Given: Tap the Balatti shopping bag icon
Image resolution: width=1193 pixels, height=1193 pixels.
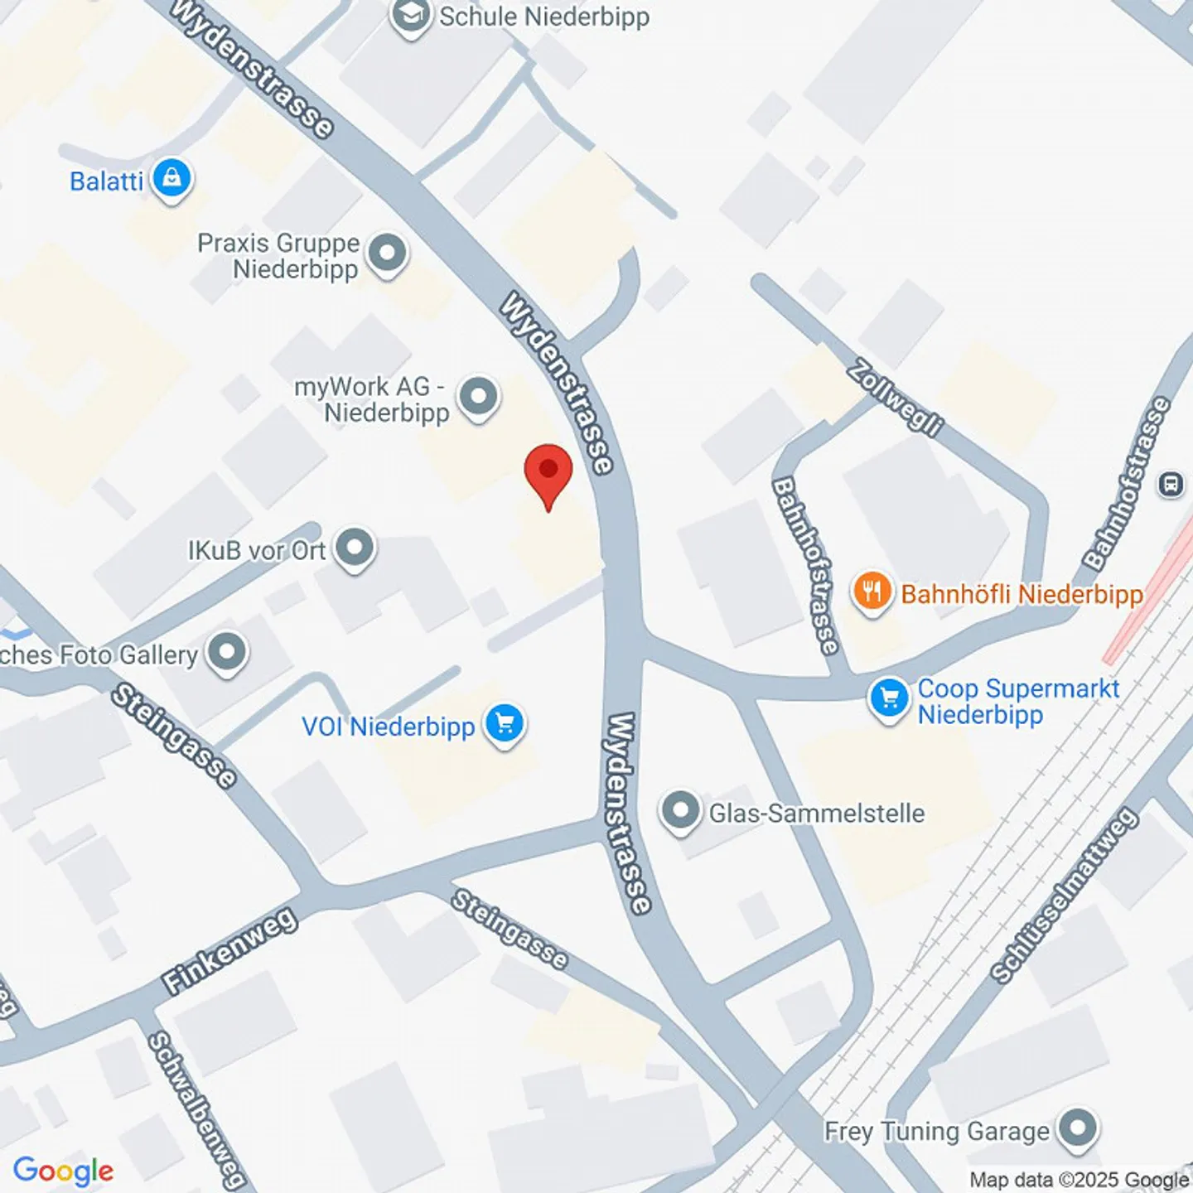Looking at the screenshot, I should click(x=171, y=178).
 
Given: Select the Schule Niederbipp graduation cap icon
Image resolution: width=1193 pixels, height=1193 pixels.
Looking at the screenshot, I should click(x=411, y=15).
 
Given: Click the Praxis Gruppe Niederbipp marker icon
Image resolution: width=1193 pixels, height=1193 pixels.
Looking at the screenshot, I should click(x=387, y=253).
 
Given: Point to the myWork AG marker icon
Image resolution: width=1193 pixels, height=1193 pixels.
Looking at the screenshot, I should click(x=478, y=397).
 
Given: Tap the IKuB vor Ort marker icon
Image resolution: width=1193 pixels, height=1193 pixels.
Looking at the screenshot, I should click(x=355, y=548).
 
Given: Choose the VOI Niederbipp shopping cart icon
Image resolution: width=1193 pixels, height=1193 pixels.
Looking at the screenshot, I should click(x=505, y=724).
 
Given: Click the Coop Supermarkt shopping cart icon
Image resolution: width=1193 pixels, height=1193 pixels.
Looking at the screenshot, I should click(x=889, y=698).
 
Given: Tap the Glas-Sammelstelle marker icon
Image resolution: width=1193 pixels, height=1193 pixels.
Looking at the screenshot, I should click(x=680, y=811).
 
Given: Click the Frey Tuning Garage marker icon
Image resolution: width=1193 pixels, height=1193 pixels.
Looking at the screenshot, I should click(x=1077, y=1128).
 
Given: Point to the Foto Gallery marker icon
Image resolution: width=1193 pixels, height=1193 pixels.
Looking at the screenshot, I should click(x=228, y=653).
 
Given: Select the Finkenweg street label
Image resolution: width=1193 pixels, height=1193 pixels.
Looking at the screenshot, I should click(x=229, y=950).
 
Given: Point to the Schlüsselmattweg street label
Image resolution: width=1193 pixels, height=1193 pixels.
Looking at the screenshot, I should click(x=1064, y=896).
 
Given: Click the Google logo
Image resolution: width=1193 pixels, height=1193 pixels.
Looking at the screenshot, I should click(x=63, y=1171).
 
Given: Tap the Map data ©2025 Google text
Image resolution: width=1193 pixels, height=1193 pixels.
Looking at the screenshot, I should click(x=1079, y=1180).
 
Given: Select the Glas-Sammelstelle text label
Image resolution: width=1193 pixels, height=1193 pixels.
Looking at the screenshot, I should click(x=816, y=813).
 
